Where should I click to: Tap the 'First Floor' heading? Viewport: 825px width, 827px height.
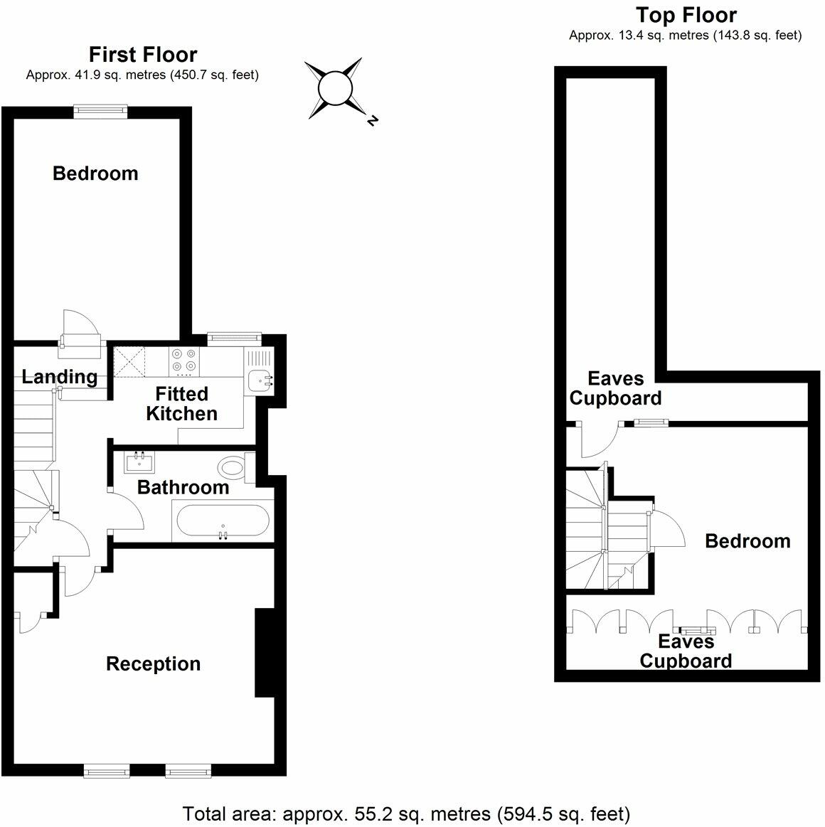coord(142,55)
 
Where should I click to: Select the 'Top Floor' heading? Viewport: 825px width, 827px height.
coord(686,15)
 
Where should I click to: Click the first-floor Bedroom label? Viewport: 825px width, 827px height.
coord(95,174)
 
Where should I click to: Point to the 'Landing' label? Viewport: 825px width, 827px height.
coord(60,377)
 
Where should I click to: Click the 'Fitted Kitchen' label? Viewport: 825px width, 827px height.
coord(181,404)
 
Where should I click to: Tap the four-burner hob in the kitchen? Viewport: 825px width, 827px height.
coord(184,362)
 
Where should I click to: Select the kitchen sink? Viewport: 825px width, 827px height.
coord(260,380)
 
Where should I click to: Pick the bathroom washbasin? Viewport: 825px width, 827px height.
coord(139,463)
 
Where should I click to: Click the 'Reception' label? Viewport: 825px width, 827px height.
coord(153,664)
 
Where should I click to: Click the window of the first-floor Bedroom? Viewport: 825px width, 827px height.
coord(101,110)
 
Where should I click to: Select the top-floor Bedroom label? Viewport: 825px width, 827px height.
coord(747,541)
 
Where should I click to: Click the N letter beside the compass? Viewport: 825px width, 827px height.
coord(371,122)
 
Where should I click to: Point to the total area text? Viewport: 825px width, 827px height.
coord(406,813)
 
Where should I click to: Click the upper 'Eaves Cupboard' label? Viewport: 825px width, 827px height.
coord(615,388)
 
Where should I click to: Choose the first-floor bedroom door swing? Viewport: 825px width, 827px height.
coord(80,329)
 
